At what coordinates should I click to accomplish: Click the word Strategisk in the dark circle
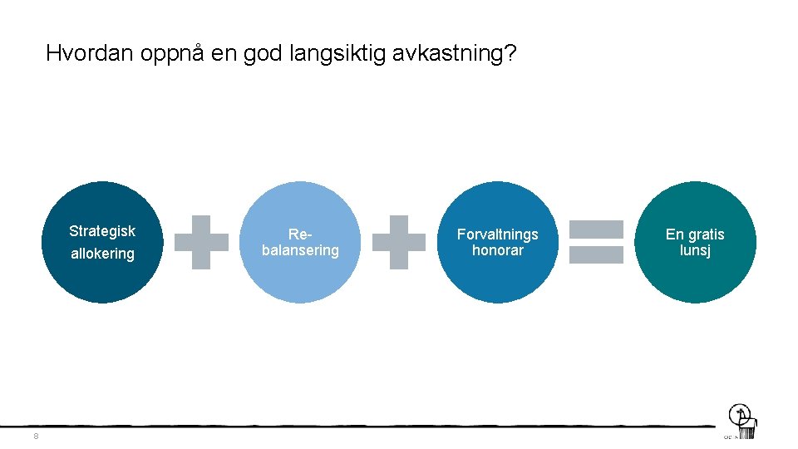click(x=102, y=231)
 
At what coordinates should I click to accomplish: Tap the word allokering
click(x=102, y=254)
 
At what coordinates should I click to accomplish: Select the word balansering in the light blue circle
click(x=300, y=250)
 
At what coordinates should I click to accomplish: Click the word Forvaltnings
click(x=497, y=234)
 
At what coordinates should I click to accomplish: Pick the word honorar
click(x=497, y=250)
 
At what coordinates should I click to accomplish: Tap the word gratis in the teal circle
click(x=706, y=234)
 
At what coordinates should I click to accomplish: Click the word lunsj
click(x=695, y=250)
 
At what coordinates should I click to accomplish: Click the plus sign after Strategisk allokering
click(x=201, y=242)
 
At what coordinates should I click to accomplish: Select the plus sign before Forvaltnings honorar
click(x=399, y=242)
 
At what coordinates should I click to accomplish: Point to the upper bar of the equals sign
click(x=595, y=229)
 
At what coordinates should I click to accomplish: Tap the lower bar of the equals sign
click(x=595, y=254)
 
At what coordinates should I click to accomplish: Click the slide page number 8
click(x=36, y=437)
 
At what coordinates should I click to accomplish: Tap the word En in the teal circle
click(x=674, y=234)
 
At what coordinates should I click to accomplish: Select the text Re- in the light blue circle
click(x=300, y=235)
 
